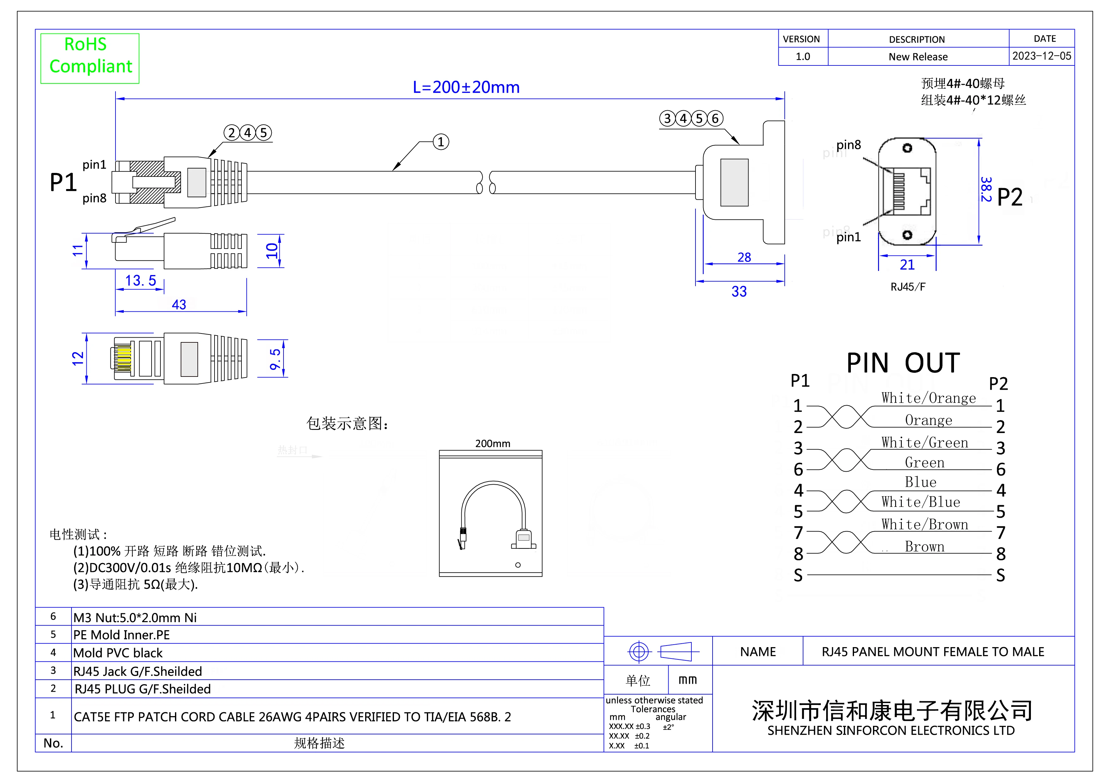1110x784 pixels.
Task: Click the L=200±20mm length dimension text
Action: (466, 88)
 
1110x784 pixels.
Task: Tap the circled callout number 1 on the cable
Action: (440, 142)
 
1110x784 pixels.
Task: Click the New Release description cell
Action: (918, 57)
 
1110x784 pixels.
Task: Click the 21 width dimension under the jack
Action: (907, 265)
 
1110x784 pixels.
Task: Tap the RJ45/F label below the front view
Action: (907, 287)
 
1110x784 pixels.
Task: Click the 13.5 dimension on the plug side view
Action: (140, 281)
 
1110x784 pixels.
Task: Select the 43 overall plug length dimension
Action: (179, 305)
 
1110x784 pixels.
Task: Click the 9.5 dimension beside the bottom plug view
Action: (275, 359)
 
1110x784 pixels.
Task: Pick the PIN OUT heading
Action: (903, 363)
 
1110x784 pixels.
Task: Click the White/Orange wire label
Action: (928, 398)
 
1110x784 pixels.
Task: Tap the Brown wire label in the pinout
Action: (924, 547)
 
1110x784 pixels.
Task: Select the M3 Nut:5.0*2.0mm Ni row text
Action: (135, 617)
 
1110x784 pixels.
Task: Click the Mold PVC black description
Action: (118, 653)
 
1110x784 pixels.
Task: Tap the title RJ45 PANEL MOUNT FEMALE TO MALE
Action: (932, 652)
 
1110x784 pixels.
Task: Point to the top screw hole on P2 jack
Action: (907, 148)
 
